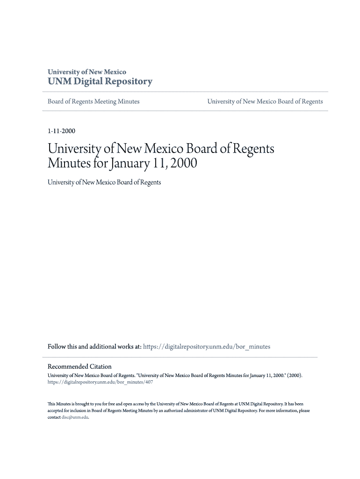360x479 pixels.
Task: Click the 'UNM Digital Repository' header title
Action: click(x=100, y=82)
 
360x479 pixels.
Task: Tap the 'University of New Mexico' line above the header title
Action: click(x=87, y=72)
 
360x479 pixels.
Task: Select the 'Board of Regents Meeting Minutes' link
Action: click(x=94, y=102)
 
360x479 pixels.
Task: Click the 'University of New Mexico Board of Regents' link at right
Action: click(x=265, y=102)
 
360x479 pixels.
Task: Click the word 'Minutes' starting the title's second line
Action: click(x=69, y=164)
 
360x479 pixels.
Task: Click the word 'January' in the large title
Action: click(x=130, y=164)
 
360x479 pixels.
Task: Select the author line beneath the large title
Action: click(x=104, y=182)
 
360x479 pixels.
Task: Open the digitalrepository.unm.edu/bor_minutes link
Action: click(x=206, y=347)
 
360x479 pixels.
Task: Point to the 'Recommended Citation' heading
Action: click(x=79, y=367)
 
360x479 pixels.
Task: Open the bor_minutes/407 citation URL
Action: click(x=100, y=382)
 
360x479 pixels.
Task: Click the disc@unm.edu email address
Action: click(x=75, y=417)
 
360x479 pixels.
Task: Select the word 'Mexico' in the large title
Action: click(x=160, y=149)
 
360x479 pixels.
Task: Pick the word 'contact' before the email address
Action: click(x=54, y=417)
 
